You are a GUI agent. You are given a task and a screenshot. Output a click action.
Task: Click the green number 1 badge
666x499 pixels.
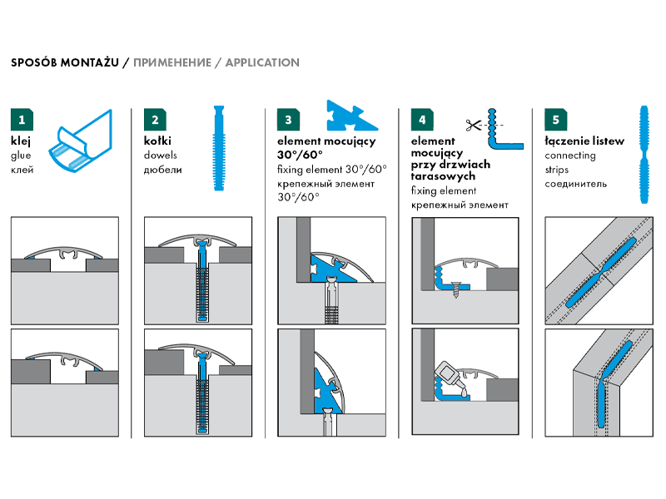[x=21, y=120]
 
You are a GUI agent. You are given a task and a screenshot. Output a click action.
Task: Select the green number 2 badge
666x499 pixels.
[x=154, y=120]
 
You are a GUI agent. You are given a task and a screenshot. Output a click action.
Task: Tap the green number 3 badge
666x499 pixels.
[x=287, y=120]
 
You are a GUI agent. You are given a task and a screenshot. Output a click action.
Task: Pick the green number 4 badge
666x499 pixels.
[x=421, y=120]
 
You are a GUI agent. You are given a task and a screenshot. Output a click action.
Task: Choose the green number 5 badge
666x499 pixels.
[x=554, y=120]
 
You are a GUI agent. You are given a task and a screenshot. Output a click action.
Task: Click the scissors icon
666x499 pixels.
[x=474, y=126]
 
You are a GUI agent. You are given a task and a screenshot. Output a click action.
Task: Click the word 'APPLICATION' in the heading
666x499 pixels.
[x=262, y=62]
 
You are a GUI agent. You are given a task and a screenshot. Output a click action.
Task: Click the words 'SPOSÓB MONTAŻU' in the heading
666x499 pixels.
[x=64, y=62]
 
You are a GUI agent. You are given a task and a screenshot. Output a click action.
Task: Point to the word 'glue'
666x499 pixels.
[x=22, y=156]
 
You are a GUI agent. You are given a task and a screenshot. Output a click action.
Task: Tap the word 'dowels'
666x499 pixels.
[x=161, y=156]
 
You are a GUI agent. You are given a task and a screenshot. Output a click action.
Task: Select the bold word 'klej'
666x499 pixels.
[x=21, y=141]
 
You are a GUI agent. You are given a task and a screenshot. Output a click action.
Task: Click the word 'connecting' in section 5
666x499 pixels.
[x=569, y=156]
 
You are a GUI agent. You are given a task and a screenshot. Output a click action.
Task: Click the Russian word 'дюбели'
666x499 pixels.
[x=162, y=170]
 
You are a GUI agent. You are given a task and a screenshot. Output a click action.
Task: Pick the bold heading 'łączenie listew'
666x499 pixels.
[x=584, y=141]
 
